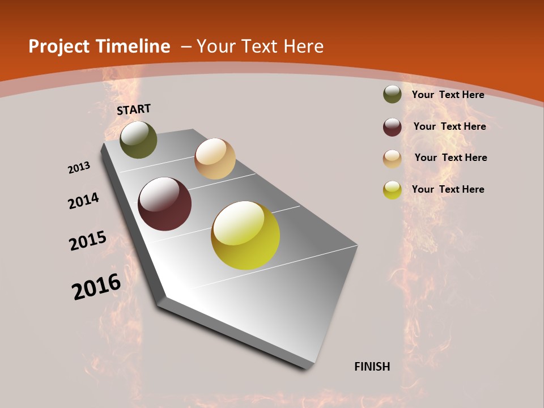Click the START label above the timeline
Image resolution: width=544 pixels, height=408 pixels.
pyautogui.click(x=134, y=109)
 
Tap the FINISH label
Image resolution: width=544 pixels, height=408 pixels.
pyautogui.click(x=372, y=367)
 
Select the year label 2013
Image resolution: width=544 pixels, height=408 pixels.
pyautogui.click(x=79, y=168)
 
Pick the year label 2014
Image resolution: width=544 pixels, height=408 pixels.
pyautogui.click(x=83, y=201)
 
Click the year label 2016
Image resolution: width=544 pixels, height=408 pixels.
pyautogui.click(x=96, y=287)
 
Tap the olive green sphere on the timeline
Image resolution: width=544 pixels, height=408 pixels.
pyautogui.click(x=138, y=139)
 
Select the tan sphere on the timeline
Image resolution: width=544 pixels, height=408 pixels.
pyautogui.click(x=215, y=159)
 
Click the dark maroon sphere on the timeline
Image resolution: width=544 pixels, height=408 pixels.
pyautogui.click(x=165, y=204)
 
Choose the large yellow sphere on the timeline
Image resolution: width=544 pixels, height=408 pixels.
pyautogui.click(x=245, y=235)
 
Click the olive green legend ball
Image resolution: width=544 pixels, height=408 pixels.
pyautogui.click(x=392, y=95)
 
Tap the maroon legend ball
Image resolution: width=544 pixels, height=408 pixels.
pyautogui.click(x=392, y=127)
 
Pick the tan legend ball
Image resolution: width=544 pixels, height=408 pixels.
pyautogui.click(x=392, y=159)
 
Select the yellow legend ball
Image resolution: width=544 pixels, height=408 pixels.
pyautogui.click(x=392, y=190)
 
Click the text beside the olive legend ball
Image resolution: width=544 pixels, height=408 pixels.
pyautogui.click(x=448, y=95)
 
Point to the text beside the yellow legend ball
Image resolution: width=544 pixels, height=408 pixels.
pyautogui.click(x=448, y=189)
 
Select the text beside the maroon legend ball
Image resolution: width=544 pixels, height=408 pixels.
pyautogui.click(x=449, y=126)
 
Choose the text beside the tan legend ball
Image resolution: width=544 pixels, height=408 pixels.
pyautogui.click(x=450, y=158)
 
